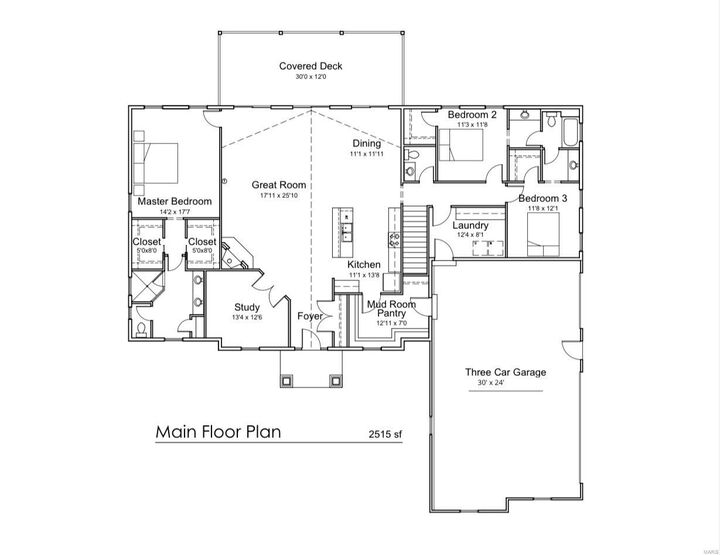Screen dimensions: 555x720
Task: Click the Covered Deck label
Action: (311, 66)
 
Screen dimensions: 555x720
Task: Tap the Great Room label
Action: (278, 185)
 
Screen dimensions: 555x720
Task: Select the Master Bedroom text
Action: (175, 201)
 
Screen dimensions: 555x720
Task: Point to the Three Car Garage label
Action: (505, 372)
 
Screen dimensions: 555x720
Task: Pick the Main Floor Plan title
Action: (218, 433)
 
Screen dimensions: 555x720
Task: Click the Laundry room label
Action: (470, 225)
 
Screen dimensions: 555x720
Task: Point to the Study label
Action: (247, 307)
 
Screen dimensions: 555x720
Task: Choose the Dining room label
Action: (366, 144)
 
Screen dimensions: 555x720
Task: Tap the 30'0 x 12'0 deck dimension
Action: (311, 77)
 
